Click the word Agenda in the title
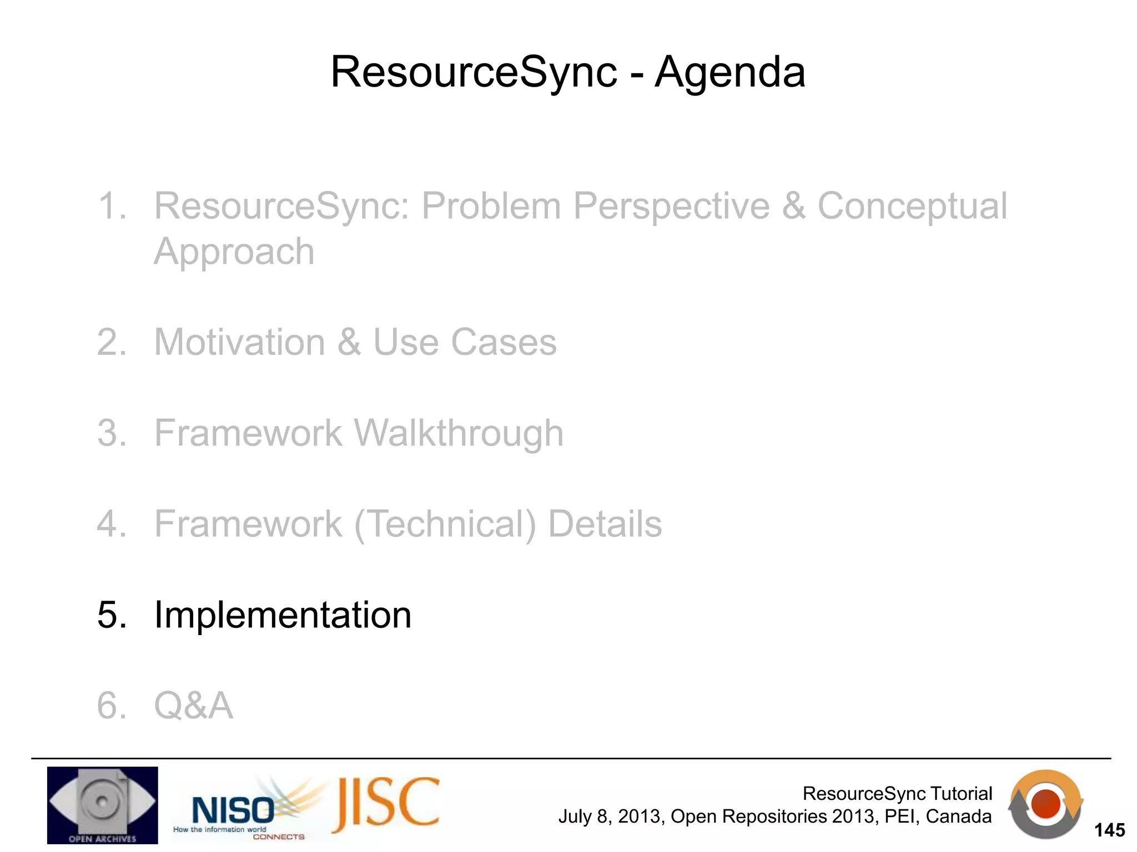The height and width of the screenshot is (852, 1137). point(730,72)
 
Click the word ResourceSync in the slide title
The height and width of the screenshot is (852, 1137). point(474,72)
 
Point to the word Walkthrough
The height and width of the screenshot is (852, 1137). point(459,433)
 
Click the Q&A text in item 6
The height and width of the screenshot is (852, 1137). point(193,706)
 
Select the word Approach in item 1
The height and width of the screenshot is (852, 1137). point(234,251)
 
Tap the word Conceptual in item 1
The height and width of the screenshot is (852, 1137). point(912,206)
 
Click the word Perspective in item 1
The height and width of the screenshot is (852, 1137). point(671,206)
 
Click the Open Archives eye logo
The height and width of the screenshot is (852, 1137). point(102,805)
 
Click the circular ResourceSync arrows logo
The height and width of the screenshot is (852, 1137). point(1045,804)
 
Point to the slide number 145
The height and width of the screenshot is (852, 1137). point(1109,830)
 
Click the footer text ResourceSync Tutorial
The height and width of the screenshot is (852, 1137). point(897,793)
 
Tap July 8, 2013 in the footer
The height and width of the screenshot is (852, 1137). point(611,816)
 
